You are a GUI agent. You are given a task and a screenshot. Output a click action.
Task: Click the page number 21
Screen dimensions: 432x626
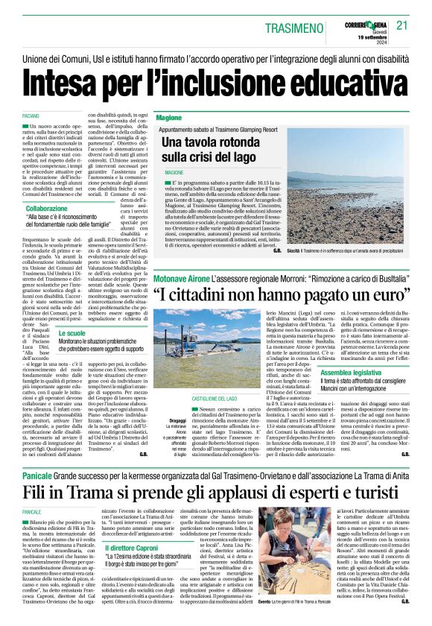tap(403, 25)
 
